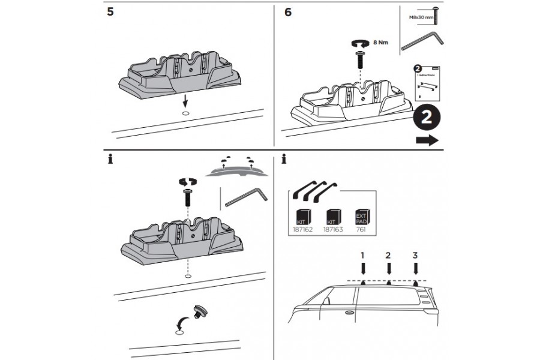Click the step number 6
[x=289, y=13]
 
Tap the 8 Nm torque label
[x=379, y=43]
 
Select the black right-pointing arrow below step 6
[x=427, y=140]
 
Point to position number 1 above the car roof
[x=363, y=255]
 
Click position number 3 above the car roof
[x=415, y=255]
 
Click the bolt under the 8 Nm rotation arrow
[x=359, y=60]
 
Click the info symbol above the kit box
[x=283, y=161]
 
